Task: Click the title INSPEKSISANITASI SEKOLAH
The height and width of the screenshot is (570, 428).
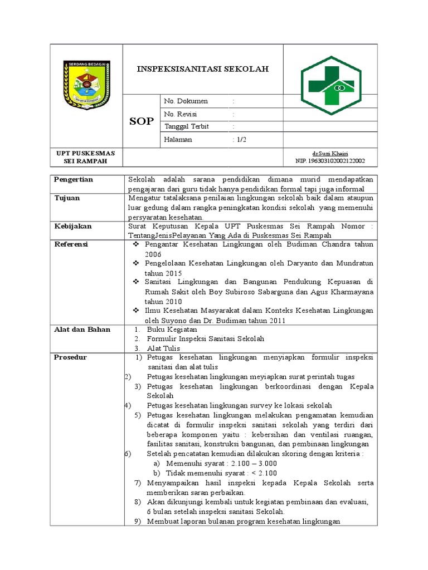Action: (x=203, y=69)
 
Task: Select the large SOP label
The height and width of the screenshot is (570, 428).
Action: (x=142, y=121)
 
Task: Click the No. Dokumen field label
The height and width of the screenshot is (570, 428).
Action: (x=186, y=101)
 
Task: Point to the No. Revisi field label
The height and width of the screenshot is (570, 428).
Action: (x=182, y=114)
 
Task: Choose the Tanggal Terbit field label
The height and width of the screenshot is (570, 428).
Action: (x=187, y=127)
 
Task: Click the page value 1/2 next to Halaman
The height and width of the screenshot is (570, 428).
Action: (x=241, y=140)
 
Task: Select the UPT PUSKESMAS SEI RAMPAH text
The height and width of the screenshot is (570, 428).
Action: (x=86, y=157)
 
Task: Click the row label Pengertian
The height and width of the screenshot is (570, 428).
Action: (x=73, y=180)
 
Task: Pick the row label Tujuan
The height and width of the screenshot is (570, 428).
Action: (x=67, y=198)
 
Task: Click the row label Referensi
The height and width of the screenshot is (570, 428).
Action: (x=71, y=244)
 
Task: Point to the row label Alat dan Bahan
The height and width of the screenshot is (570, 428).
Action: (x=82, y=330)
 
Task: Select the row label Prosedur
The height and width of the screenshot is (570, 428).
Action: (x=70, y=357)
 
